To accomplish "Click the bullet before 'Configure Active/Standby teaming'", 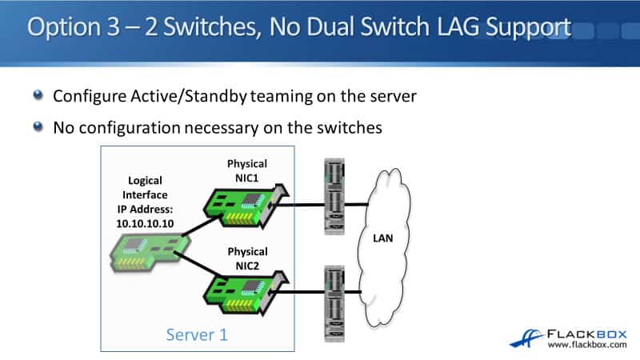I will [38, 96].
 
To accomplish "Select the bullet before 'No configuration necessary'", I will [38, 126].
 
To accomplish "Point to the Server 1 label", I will [196, 334].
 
